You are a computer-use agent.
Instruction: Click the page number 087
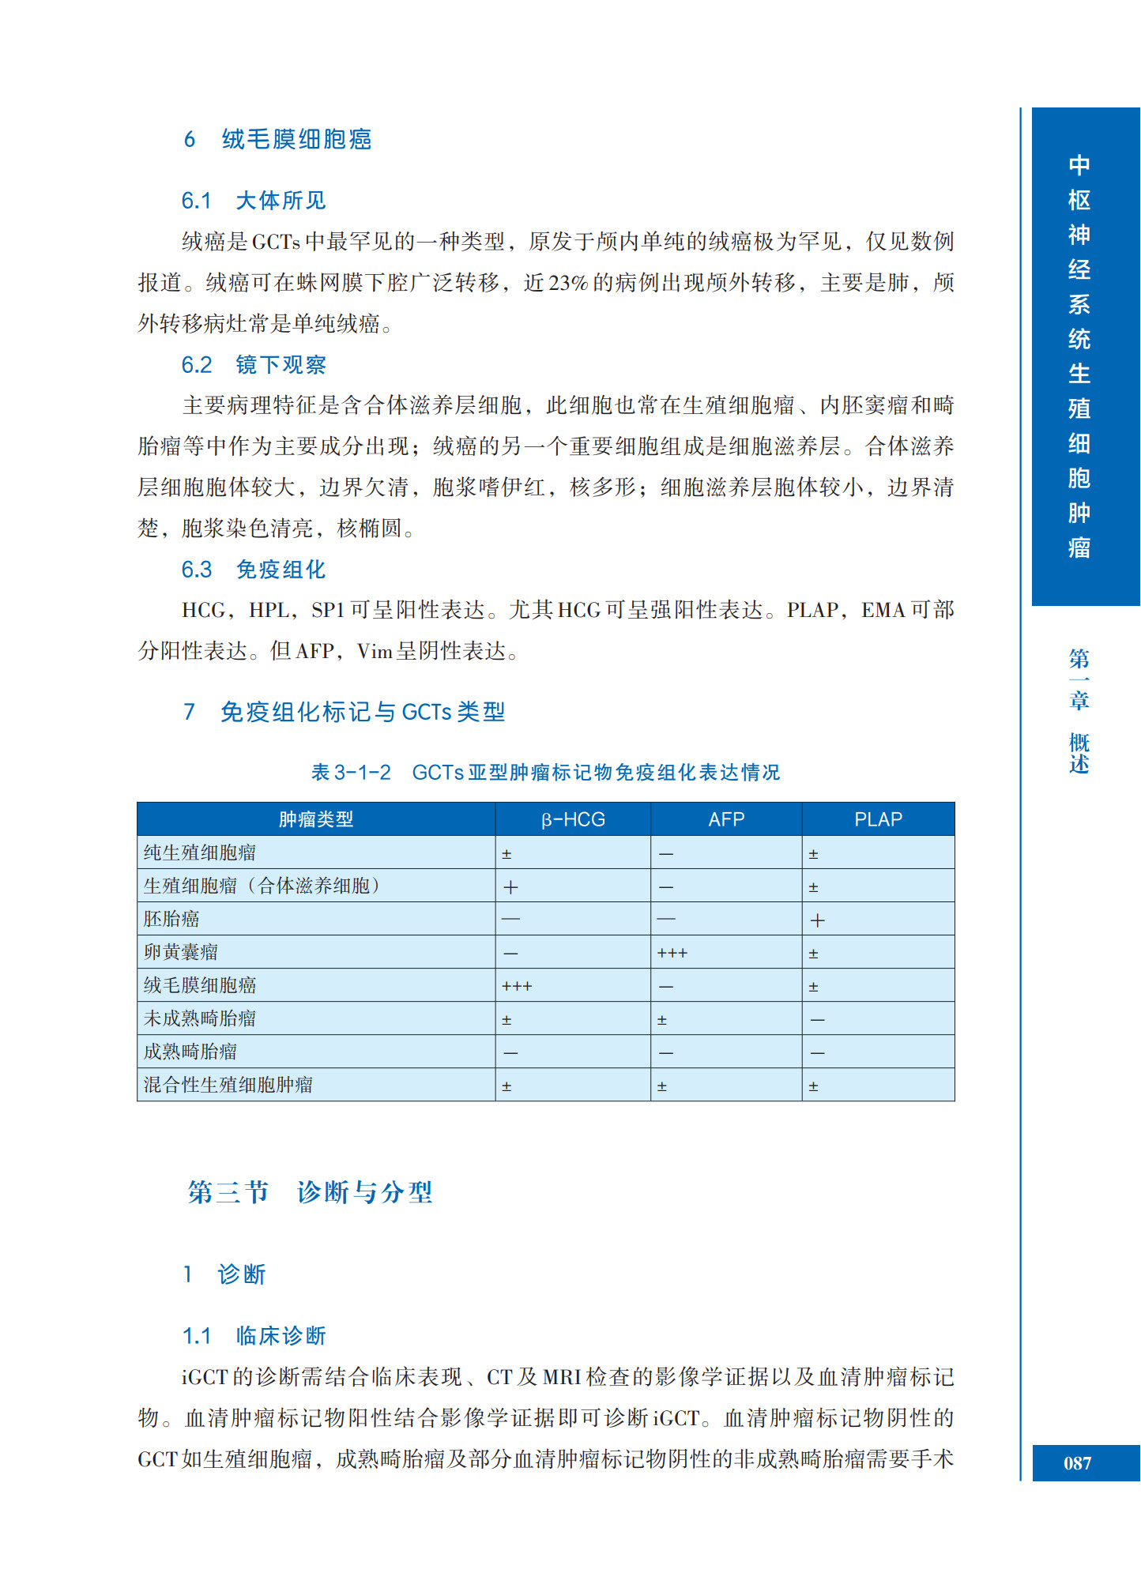tap(1077, 1463)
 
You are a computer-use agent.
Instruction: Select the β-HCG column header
tap(573, 819)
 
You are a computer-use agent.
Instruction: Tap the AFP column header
tap(726, 819)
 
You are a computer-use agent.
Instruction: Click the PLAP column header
tap(878, 819)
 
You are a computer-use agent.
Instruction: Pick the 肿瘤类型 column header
tap(316, 819)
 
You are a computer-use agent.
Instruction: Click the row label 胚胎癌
tap(171, 919)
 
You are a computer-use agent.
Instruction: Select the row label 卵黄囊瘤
tap(181, 952)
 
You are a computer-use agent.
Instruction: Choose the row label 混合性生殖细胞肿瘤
tap(228, 1085)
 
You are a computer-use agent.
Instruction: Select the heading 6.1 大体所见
tap(254, 201)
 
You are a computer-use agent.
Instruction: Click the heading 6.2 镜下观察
tap(254, 365)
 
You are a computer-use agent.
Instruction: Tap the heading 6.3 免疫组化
tap(254, 570)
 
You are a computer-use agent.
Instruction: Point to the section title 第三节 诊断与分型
tap(310, 1191)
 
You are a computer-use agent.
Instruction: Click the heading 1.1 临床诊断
tap(254, 1336)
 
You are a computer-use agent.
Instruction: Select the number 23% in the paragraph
tap(568, 283)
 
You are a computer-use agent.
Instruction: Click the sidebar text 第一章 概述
tap(1079, 710)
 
